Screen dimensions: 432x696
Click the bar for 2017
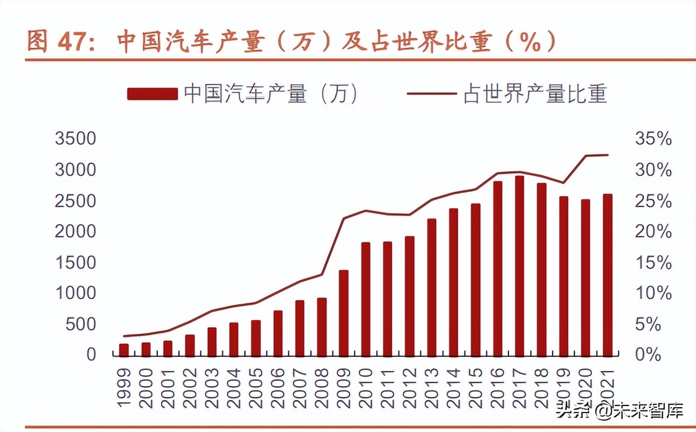519,266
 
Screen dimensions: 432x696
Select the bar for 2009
344,313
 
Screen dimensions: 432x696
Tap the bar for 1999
124,350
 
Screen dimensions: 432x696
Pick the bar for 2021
608,275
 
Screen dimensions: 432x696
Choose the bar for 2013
432,287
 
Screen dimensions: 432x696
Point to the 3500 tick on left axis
75,139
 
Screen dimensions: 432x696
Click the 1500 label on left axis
75,263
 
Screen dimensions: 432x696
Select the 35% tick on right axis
653,139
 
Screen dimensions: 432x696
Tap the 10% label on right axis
653,294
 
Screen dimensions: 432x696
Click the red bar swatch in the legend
152,94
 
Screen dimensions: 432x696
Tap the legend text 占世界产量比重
535,94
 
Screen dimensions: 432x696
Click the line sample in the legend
432,94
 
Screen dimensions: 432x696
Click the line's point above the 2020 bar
586,156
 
